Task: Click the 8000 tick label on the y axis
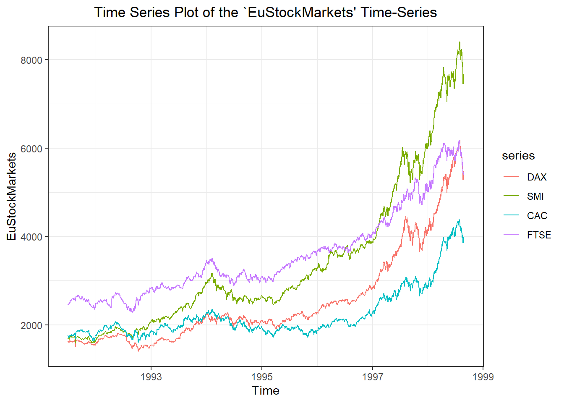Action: tap(31, 60)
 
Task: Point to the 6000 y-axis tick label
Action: tap(31, 149)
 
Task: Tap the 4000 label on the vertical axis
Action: tap(31, 237)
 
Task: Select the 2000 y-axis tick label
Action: tap(31, 325)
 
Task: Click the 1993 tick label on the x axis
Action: tap(151, 377)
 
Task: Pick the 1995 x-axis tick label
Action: tap(262, 377)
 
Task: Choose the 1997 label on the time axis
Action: tap(373, 377)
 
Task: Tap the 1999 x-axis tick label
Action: tap(483, 377)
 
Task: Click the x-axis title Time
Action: tap(265, 390)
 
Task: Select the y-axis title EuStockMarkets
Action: tap(12, 196)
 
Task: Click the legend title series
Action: tap(518, 156)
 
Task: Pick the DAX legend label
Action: tap(537, 177)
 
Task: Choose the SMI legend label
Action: tap(535, 196)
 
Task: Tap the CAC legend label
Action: tap(537, 216)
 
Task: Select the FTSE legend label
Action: tap(539, 235)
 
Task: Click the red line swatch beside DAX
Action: tap(512, 177)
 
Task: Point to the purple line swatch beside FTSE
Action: tap(512, 235)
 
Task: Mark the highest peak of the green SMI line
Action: tap(460, 42)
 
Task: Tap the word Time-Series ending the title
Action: tap(399, 13)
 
